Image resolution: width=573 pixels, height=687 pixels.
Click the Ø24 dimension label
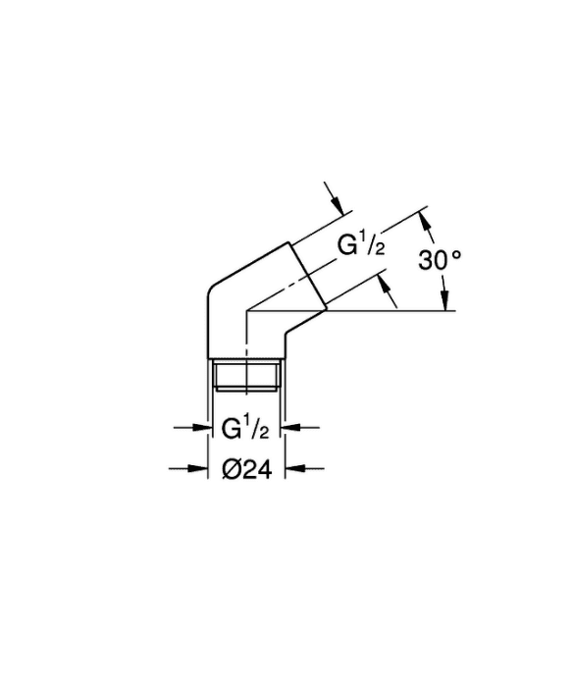tap(247, 470)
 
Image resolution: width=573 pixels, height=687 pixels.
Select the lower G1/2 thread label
tap(245, 429)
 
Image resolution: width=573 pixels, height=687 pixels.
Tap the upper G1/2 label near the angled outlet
tap(361, 245)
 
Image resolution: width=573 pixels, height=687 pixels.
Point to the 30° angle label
tap(440, 260)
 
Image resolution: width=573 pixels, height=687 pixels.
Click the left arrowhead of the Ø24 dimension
tap(198, 468)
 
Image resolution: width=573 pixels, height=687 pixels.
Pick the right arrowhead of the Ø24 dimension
tap(294, 468)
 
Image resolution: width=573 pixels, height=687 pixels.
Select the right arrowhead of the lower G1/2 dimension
tap(291, 427)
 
